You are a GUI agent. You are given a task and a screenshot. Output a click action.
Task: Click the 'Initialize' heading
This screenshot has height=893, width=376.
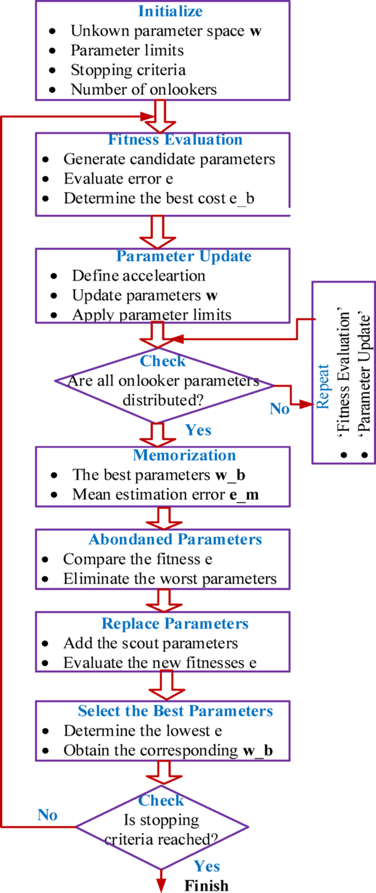[170, 11]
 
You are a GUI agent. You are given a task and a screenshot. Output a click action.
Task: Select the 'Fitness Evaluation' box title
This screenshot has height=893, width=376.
[175, 139]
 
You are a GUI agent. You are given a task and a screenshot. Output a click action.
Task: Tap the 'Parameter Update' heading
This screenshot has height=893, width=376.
[184, 256]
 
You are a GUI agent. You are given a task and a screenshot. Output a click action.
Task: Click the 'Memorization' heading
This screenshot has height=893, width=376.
[184, 455]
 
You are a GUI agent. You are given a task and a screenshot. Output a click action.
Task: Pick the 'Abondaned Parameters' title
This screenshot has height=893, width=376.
[175, 540]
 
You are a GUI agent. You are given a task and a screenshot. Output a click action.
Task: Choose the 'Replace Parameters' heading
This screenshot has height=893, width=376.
[175, 624]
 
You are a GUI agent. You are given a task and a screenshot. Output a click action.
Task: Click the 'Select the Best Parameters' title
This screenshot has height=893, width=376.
[175, 711]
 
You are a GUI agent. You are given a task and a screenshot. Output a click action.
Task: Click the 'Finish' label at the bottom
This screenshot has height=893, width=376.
[206, 885]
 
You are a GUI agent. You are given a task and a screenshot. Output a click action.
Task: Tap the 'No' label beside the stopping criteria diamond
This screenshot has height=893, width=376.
[47, 815]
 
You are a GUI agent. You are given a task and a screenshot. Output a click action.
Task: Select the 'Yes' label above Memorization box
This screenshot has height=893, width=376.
[198, 430]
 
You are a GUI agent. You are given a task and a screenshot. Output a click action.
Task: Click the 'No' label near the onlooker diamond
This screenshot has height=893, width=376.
[279, 409]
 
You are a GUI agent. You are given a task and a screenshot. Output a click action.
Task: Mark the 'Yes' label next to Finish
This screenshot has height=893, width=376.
[206, 866]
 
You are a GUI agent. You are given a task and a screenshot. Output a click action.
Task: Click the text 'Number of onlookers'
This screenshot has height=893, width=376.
[143, 89]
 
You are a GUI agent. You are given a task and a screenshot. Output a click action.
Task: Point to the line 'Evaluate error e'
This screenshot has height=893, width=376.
[118, 179]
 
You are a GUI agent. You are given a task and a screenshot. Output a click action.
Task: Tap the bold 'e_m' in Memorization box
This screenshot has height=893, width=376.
[244, 495]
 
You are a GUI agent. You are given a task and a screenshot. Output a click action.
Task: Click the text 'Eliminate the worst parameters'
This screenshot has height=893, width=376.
[170, 579]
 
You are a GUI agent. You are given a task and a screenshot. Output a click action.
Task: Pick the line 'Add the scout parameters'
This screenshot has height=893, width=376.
[150, 643]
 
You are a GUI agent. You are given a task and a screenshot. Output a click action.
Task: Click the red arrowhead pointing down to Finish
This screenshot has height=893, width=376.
[161, 884]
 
